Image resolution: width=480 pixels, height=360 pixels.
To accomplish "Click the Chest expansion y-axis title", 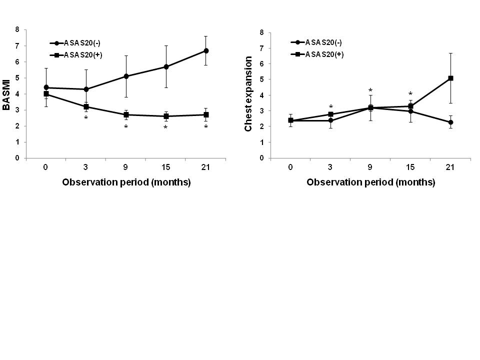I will pos(248,94).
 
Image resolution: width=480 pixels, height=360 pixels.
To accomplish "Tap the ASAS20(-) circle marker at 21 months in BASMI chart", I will pos(206,50).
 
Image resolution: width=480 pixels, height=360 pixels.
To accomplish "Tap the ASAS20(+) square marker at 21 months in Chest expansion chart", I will pos(450,78).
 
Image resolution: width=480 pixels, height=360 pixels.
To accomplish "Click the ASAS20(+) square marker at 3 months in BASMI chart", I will pos(86,106).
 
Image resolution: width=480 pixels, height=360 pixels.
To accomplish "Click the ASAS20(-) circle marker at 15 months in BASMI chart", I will pos(166,66).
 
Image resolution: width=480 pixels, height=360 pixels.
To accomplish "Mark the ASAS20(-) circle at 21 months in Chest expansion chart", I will pos(450,122).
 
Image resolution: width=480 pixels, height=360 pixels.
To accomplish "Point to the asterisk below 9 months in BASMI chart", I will pos(126,127).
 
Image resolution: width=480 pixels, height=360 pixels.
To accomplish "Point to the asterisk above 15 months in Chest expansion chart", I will pos(410,94).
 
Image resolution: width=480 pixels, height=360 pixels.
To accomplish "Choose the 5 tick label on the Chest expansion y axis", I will pos(261,79).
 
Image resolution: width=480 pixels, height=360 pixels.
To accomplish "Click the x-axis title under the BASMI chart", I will pos(126,182).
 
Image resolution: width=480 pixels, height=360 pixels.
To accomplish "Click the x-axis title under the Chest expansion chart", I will pos(370,182).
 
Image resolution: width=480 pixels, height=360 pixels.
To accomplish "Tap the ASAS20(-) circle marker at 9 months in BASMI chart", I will pos(126,76).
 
